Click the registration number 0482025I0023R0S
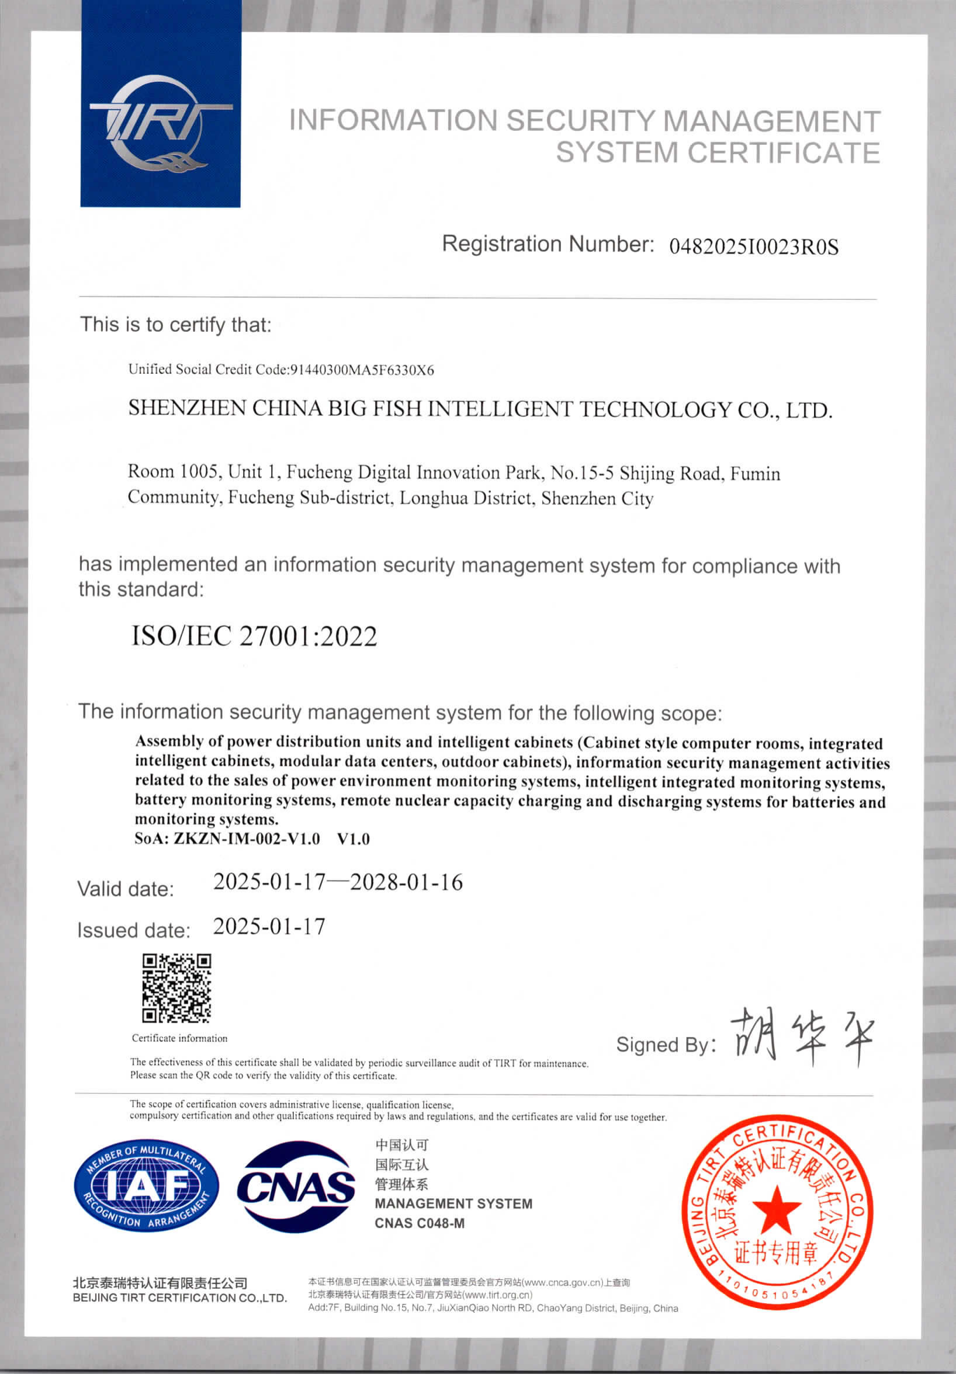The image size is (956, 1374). [x=753, y=247]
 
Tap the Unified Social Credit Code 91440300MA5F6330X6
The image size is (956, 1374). [x=362, y=370]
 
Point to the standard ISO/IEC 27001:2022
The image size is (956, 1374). [x=254, y=636]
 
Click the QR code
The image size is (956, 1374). [x=176, y=988]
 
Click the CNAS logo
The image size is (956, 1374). [x=296, y=1187]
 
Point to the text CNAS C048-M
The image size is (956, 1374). [x=419, y=1223]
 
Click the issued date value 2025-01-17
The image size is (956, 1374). [x=269, y=927]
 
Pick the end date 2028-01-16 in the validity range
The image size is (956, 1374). [x=406, y=882]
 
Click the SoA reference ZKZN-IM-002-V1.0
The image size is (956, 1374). [x=246, y=838]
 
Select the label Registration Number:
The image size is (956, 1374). [x=548, y=244]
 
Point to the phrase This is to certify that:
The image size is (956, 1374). [x=176, y=324]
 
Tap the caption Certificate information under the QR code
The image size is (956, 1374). [x=179, y=1038]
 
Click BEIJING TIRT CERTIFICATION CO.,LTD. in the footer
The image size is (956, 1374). [x=179, y=1297]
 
